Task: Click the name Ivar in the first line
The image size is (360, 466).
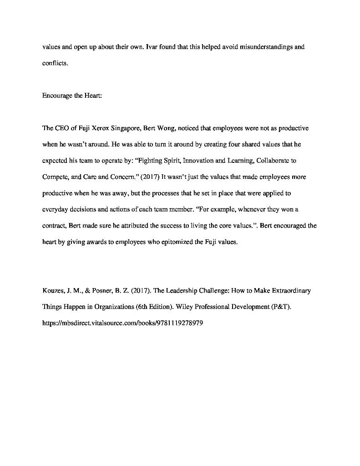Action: [x=152, y=47]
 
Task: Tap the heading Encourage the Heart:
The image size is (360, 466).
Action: [x=72, y=96]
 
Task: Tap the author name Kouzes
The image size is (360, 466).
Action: [x=54, y=290]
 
